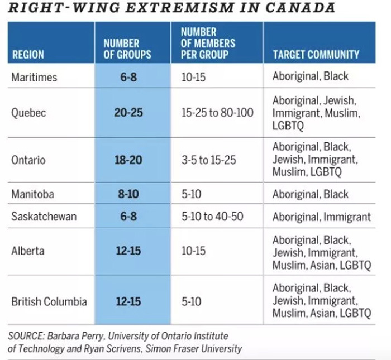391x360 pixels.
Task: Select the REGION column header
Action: (x=27, y=55)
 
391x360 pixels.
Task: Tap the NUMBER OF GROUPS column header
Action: (x=127, y=49)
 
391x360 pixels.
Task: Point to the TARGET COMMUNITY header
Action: (x=316, y=55)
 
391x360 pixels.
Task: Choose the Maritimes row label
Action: (x=34, y=77)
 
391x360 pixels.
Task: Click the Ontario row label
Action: (x=28, y=160)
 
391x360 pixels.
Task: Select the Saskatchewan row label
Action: (x=44, y=217)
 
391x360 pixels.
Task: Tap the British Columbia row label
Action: (x=49, y=301)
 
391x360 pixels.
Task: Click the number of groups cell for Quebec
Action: (x=128, y=113)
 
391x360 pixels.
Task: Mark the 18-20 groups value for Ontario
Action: (x=128, y=160)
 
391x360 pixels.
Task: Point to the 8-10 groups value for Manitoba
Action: (x=128, y=194)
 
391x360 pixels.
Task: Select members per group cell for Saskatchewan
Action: (x=212, y=217)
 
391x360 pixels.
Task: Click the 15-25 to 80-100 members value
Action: (x=217, y=113)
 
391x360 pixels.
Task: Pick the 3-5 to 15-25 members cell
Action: (x=209, y=160)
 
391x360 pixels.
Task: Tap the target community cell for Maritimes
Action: (x=310, y=76)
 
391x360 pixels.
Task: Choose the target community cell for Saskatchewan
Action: (x=321, y=217)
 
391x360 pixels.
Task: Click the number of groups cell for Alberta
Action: (x=128, y=251)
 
